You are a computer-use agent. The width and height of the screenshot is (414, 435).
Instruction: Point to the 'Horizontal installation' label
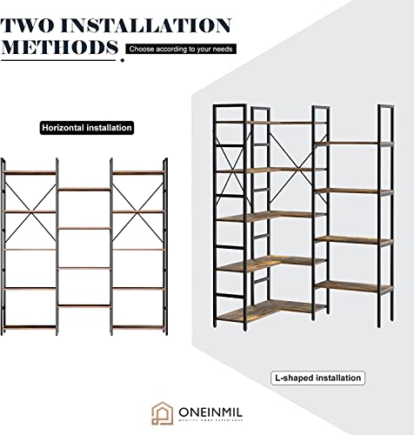click(x=87, y=128)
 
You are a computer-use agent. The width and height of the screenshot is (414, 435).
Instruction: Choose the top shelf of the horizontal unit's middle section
click(x=83, y=189)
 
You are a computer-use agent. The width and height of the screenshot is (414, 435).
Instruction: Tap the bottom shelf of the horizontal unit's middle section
click(x=83, y=305)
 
